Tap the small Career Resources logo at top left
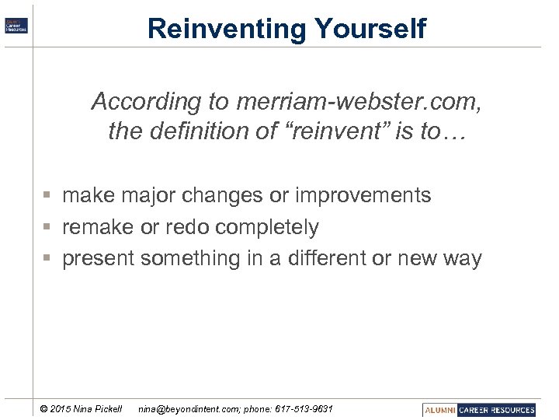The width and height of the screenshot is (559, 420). [16, 25]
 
